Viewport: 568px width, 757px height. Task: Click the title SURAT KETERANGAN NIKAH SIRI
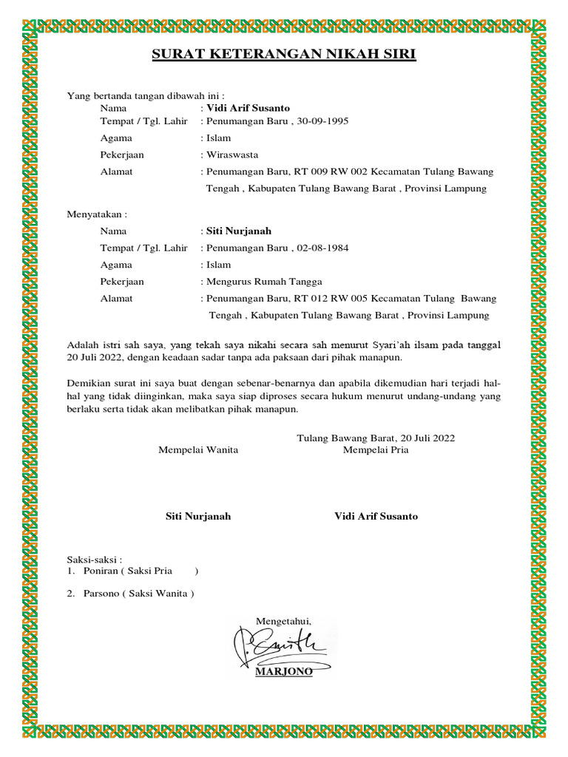(284, 56)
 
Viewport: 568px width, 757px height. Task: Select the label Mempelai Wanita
(198, 449)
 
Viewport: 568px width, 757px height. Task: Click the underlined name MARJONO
(283, 671)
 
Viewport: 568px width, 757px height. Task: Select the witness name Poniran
(98, 571)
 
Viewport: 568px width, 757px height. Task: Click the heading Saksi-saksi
(95, 560)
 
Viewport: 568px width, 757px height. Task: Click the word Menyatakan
(97, 214)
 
